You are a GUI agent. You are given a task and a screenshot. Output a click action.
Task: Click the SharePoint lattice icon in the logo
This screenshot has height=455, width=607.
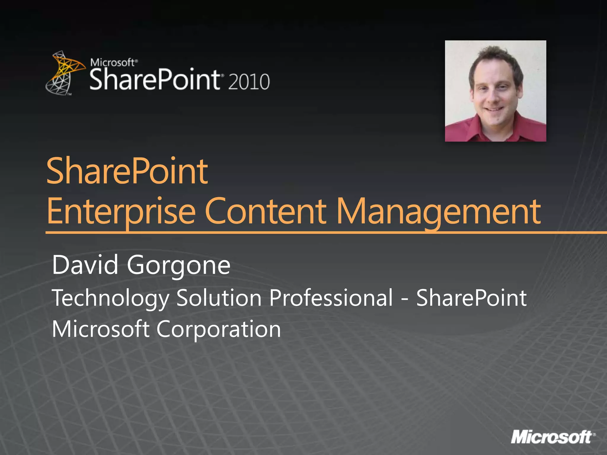click(64, 73)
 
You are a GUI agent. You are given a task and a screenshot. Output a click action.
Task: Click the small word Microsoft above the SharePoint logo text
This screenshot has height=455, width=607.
click(112, 63)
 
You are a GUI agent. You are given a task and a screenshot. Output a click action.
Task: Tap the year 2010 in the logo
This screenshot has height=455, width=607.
click(249, 82)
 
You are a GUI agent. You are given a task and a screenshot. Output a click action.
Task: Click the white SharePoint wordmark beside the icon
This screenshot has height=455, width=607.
click(154, 79)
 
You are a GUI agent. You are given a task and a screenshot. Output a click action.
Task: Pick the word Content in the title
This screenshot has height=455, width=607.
click(265, 211)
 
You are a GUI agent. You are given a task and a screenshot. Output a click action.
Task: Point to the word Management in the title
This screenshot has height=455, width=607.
click(439, 211)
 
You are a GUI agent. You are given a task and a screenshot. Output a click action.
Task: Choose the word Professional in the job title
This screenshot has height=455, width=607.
click(331, 297)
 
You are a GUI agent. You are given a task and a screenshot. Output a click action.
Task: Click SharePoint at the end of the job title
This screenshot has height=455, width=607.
click(471, 297)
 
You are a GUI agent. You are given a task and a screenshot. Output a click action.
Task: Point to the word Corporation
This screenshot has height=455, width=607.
click(218, 329)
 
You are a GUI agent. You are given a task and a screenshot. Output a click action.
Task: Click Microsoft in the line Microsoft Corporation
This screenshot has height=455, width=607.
click(100, 329)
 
